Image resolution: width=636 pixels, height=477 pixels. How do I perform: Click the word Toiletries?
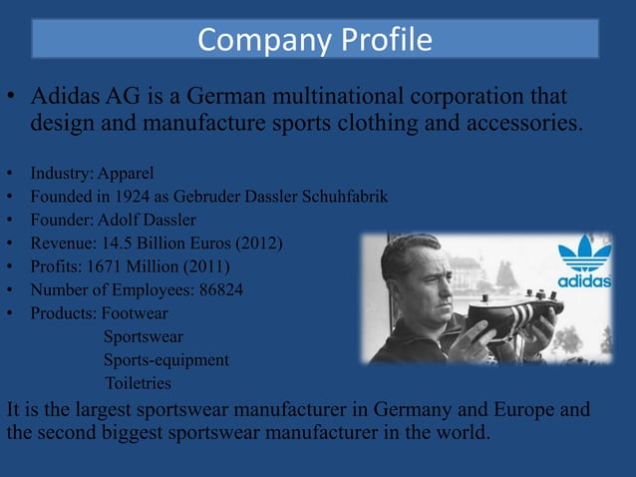(138, 383)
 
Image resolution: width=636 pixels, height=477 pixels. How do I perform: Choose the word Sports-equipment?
(166, 359)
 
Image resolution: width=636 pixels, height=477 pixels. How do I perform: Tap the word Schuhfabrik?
(340, 197)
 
